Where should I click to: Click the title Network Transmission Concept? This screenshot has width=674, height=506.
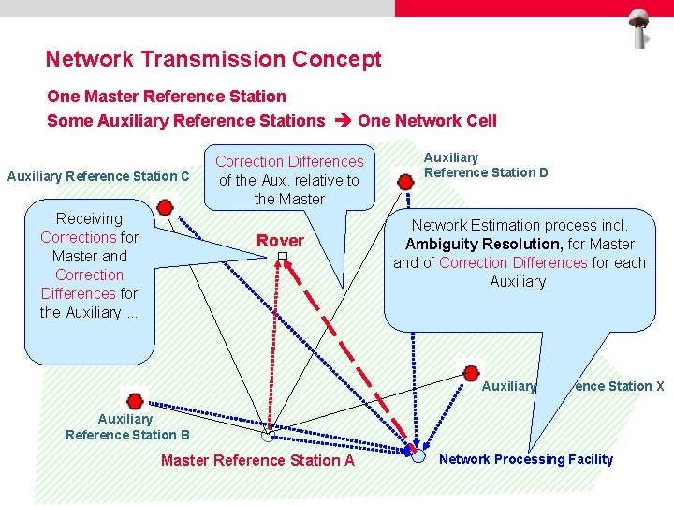213,59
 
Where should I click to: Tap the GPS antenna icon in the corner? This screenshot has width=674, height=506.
641,27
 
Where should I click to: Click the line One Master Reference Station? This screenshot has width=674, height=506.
167,96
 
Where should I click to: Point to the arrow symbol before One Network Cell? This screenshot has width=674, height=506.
341,121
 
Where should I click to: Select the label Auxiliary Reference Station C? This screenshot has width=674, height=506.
98,176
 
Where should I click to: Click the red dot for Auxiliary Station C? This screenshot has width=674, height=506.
165,207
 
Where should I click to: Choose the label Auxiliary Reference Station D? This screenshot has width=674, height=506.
486,165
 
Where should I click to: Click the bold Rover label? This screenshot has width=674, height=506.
281,241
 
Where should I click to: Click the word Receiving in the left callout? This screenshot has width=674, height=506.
89,218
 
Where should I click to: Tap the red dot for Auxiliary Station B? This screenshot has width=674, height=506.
135,401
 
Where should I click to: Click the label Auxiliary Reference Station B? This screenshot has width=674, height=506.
127,427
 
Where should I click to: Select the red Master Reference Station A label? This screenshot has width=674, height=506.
257,460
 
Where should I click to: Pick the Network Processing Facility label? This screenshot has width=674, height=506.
526,459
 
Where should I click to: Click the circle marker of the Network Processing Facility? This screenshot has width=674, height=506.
418,455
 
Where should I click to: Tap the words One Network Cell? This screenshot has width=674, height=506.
427,121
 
